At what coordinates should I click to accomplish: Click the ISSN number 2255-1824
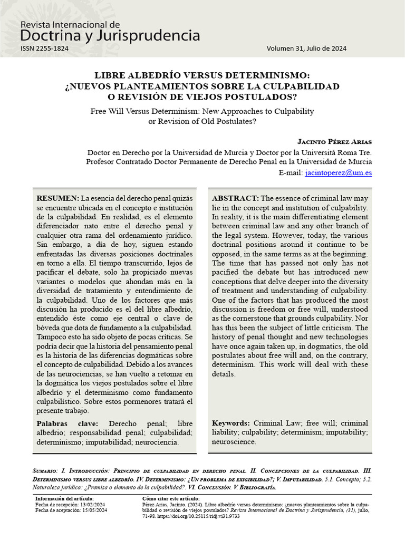44,49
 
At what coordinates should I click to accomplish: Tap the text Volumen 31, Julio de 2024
306,49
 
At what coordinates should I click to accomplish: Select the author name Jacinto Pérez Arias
334,141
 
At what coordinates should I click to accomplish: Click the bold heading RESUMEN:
57,198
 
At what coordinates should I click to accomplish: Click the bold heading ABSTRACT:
235,198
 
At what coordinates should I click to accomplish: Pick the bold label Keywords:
231,423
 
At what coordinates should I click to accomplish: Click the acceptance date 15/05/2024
95,510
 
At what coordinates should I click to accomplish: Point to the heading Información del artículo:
64,498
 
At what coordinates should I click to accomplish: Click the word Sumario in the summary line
45,469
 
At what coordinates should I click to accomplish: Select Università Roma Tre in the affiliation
339,152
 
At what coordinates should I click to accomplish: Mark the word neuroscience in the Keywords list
234,442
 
